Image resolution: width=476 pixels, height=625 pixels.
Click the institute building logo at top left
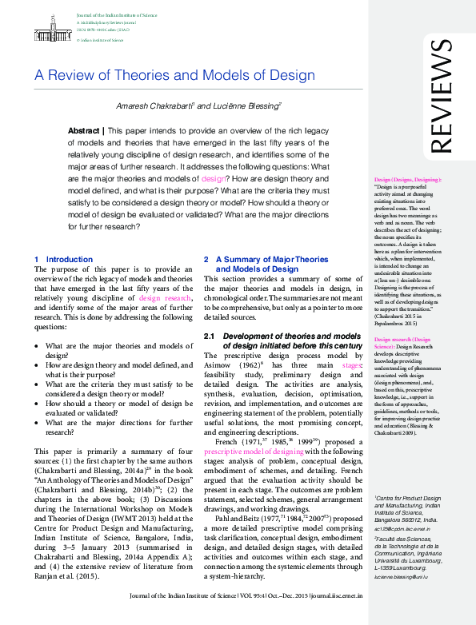[x=52, y=28]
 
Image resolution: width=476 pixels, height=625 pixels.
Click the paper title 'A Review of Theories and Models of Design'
[x=174, y=76]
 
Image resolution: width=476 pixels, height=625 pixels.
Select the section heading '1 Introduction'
[x=64, y=260]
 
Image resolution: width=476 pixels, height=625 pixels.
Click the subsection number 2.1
[x=210, y=335]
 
